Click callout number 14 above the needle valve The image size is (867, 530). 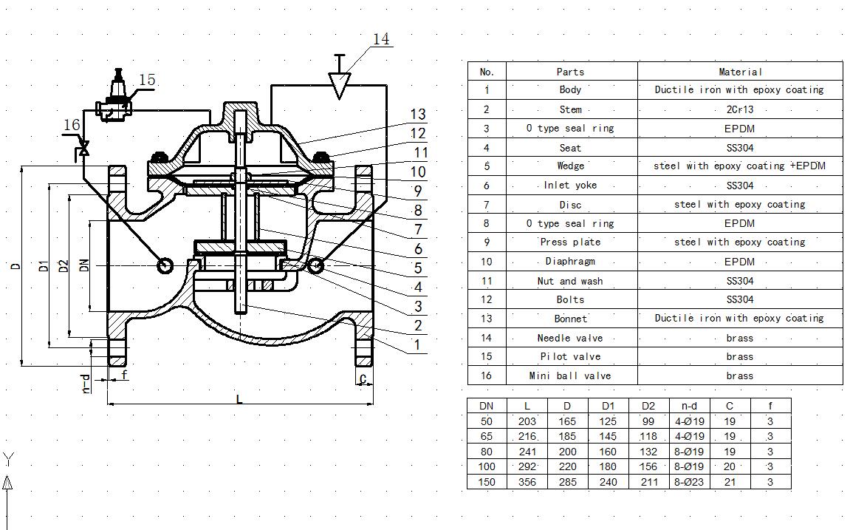[x=381, y=39]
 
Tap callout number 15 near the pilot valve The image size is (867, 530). [x=146, y=80]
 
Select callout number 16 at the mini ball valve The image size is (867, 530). [x=71, y=125]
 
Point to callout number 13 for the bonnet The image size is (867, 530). [x=418, y=114]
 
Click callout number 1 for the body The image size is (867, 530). [x=417, y=344]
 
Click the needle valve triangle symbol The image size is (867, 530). [x=339, y=85]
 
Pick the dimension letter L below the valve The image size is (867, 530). [x=239, y=399]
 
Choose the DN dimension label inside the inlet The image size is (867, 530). [x=84, y=265]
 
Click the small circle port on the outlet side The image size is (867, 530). [x=316, y=265]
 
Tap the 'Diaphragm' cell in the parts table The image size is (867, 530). [x=570, y=261]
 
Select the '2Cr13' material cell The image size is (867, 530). [x=739, y=109]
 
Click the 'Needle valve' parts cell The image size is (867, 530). [x=570, y=338]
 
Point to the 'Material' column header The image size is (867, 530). [x=739, y=72]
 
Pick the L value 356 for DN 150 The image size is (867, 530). [x=527, y=482]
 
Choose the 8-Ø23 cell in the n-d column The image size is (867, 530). [x=689, y=482]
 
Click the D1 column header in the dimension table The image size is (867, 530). [x=608, y=406]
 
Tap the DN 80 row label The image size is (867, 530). [x=487, y=452]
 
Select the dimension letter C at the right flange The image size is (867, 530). [x=363, y=378]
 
